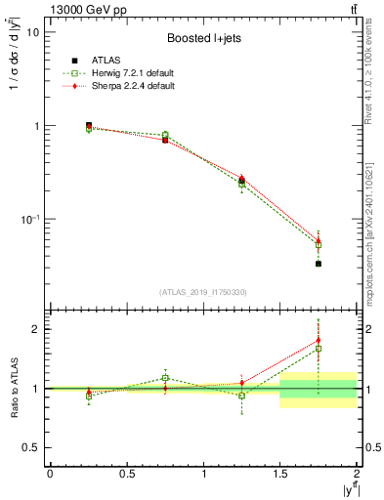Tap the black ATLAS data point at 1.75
319,264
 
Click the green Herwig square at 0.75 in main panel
165,135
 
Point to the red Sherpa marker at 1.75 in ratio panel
319,341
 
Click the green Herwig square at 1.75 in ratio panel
319,349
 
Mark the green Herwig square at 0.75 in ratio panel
165,378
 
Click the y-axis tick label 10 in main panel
32,32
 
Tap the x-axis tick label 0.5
126,475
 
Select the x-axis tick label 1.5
280,475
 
